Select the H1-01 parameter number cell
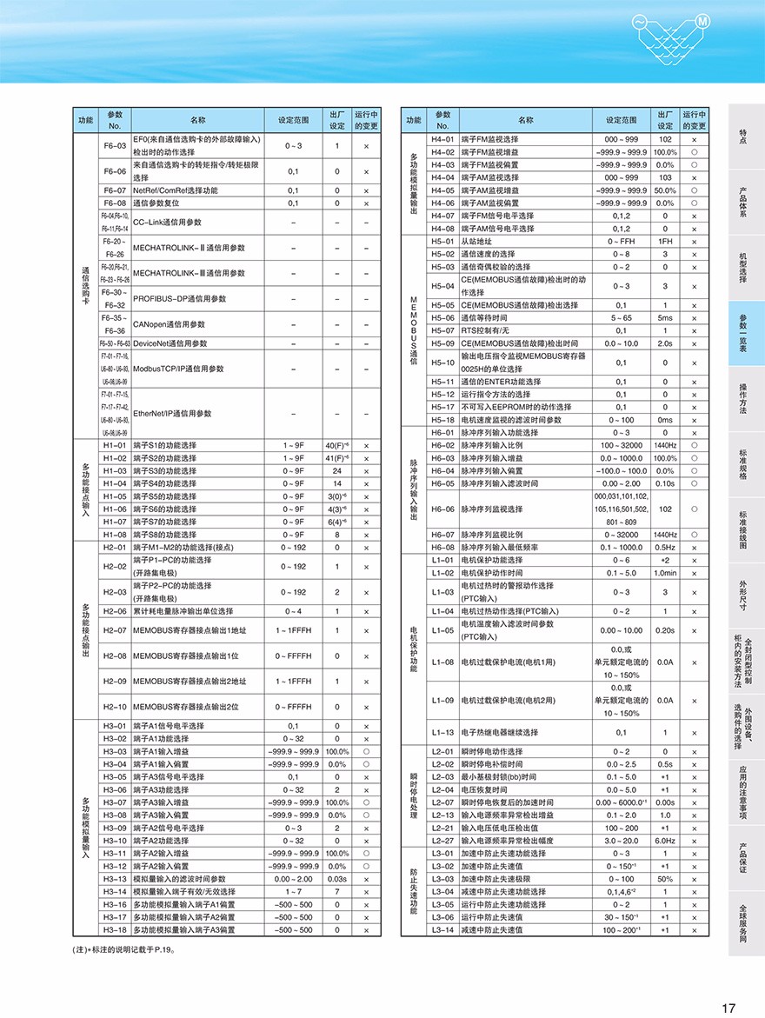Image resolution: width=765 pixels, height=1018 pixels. [115, 445]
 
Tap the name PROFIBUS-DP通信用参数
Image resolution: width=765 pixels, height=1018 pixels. [180, 298]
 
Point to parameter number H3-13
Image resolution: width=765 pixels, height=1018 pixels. [115, 879]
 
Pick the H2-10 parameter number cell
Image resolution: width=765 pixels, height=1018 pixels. [115, 707]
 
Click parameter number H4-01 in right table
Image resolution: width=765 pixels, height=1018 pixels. [442, 139]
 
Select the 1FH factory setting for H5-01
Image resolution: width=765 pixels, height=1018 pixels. [665, 241]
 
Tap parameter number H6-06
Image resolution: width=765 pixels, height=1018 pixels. [442, 509]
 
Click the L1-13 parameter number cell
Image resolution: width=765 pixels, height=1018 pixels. [442, 732]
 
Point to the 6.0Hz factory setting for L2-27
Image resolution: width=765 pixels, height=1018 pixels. [665, 841]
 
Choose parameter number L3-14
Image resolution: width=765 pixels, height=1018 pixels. [442, 929]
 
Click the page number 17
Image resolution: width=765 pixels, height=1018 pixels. [728, 1008]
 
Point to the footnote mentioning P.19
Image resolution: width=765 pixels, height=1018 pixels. [125, 949]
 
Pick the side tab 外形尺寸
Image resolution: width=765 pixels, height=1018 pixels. [743, 595]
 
